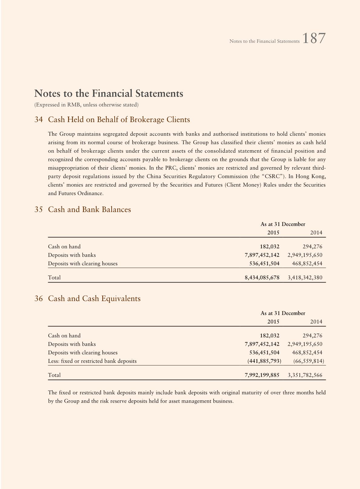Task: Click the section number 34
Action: point(38,120)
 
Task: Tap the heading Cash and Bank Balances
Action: point(89,210)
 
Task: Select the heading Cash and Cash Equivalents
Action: point(94,299)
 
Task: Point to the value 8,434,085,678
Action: point(262,277)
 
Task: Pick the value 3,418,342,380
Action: point(305,277)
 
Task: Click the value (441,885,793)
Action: point(264,361)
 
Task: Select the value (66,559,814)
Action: point(309,361)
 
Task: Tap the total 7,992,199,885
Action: point(262,375)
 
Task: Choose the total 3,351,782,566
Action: point(305,375)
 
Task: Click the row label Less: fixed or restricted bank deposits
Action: point(92,361)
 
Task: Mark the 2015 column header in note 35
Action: point(273,233)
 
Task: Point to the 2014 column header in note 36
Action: point(316,322)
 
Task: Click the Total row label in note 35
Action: point(54,277)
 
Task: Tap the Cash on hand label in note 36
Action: point(64,335)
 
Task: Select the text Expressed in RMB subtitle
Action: point(86,105)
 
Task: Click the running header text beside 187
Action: point(264,41)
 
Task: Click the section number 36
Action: point(38,299)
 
